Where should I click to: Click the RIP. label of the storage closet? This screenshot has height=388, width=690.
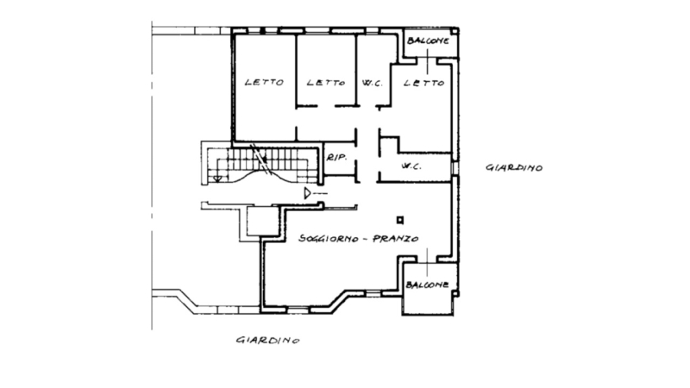tap(336, 157)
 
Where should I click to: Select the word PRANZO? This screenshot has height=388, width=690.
tap(396, 239)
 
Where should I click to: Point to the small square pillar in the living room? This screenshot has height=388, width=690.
tap(400, 220)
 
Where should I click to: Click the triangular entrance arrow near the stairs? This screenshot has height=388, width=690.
tap(308, 193)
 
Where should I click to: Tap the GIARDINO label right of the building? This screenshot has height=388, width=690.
tap(514, 167)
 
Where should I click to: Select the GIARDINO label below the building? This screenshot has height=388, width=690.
tap(268, 340)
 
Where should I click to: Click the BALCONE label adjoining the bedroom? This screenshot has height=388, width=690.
tap(428, 41)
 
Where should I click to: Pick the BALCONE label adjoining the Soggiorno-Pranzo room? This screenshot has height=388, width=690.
tap(427, 285)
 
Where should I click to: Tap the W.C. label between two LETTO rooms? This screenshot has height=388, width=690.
tap(373, 83)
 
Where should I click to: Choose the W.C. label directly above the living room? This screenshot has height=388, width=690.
tap(411, 166)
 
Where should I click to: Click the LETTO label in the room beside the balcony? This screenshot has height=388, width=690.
tap(423, 82)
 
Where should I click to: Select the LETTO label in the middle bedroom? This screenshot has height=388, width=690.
tap(326, 82)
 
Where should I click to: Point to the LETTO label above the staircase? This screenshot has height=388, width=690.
tap(264, 82)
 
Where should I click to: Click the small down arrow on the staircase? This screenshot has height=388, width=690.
tap(217, 178)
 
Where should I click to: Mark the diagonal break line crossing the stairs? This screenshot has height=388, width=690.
tap(260, 160)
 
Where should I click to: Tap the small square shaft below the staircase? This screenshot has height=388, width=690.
tap(263, 222)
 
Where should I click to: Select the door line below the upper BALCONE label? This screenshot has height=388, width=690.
tap(427, 61)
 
